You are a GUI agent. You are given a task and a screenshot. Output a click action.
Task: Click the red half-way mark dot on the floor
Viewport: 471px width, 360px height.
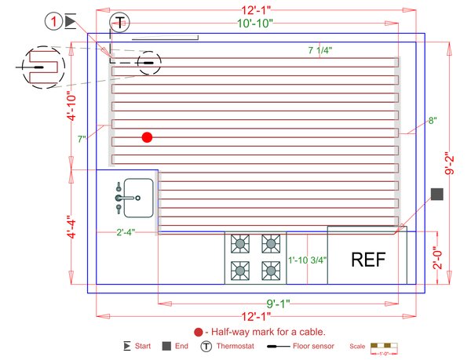(147, 137)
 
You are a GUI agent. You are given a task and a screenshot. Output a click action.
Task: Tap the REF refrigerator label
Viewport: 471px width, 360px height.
(369, 260)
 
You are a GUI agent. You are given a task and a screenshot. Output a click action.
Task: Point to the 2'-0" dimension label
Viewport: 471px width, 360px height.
(447, 259)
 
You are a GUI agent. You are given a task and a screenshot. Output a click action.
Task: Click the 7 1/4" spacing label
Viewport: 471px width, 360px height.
(319, 50)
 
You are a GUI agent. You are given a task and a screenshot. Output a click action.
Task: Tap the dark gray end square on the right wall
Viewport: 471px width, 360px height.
(437, 194)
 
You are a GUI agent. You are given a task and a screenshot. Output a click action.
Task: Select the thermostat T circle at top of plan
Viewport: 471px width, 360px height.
(120, 23)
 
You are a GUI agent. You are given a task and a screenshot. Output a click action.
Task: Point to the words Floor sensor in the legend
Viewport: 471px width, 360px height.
(314, 346)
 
